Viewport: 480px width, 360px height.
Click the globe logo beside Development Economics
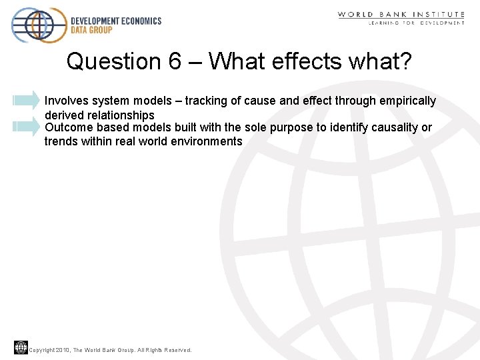[x=39, y=25]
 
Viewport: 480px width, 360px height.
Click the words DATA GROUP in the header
[x=92, y=30]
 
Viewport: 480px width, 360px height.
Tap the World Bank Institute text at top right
[x=401, y=14]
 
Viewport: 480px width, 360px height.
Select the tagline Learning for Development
[x=417, y=23]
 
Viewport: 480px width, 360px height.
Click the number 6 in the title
[x=175, y=61]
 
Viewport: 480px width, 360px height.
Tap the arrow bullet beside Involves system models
[x=27, y=100]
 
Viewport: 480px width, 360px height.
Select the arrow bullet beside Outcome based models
[x=27, y=127]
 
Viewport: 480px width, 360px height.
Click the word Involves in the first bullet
[x=65, y=101]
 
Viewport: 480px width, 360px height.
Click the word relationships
[x=121, y=115]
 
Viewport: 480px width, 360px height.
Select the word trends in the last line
[x=61, y=141]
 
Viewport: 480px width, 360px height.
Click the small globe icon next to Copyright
[x=21, y=347]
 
